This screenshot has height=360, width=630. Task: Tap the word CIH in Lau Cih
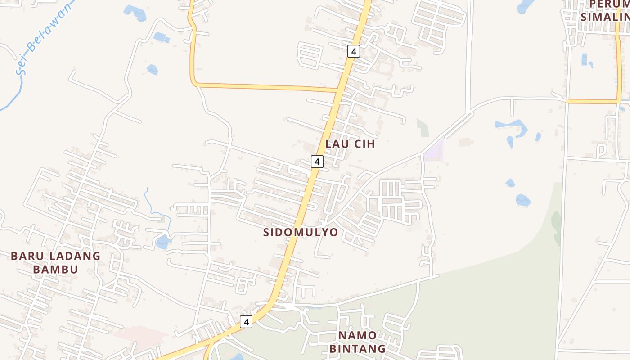364,144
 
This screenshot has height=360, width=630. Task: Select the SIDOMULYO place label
301,232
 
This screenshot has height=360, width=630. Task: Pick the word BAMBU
56,270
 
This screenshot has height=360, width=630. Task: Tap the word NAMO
357,335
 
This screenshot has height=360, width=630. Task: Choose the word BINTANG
357,348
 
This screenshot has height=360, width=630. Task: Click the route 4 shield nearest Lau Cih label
317,162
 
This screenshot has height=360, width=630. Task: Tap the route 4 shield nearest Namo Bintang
246,322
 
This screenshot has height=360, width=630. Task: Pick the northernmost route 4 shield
354,51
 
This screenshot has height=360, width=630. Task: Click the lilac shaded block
434,150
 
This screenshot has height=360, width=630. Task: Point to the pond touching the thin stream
163,242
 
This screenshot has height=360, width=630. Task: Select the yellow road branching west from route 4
265,87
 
